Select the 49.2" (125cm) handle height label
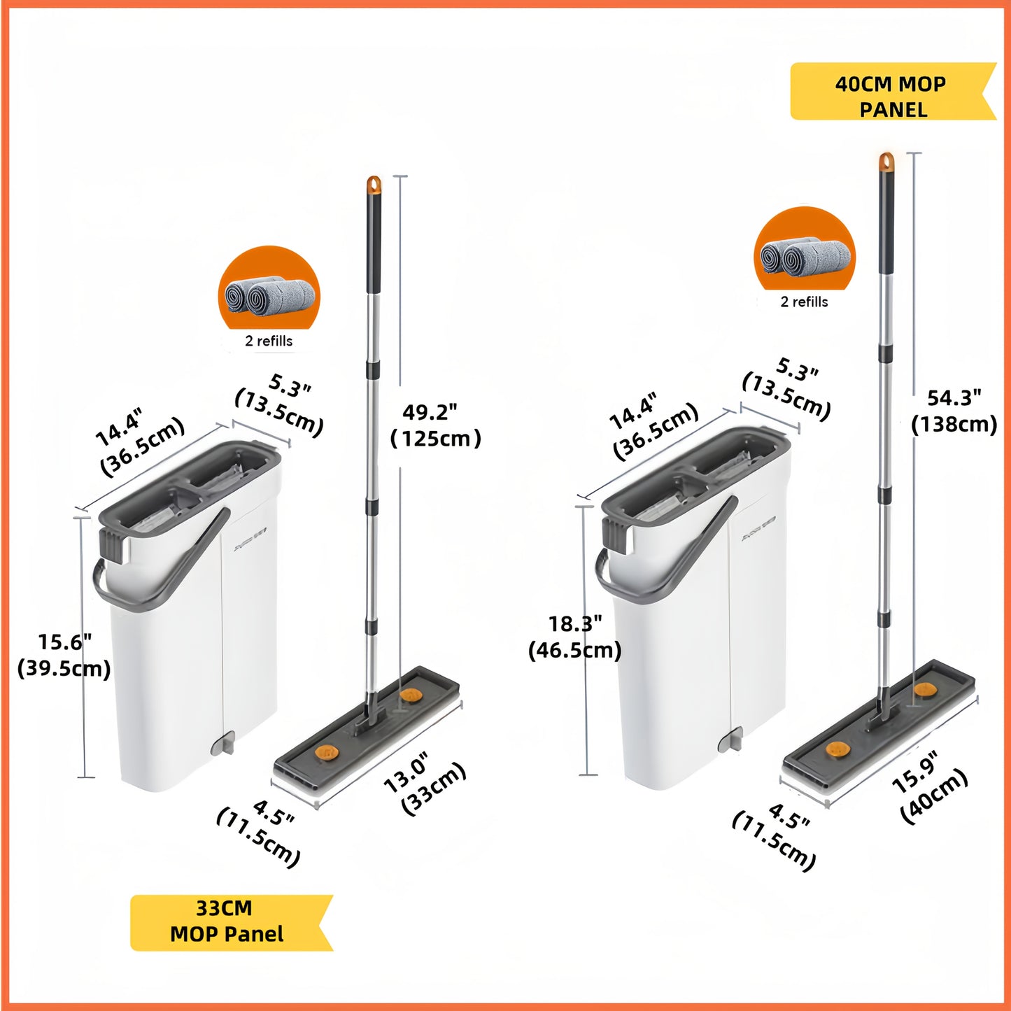tap(435, 425)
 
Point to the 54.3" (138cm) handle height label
tap(954, 411)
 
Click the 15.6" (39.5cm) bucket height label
tap(64, 656)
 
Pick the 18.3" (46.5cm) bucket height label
tap(574, 637)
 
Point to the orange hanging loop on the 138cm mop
tap(886, 162)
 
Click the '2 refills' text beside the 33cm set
tap(269, 341)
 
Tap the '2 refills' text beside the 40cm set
tap(804, 302)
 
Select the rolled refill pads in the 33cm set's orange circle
tap(269, 297)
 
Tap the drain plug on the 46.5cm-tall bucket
tap(730, 741)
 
